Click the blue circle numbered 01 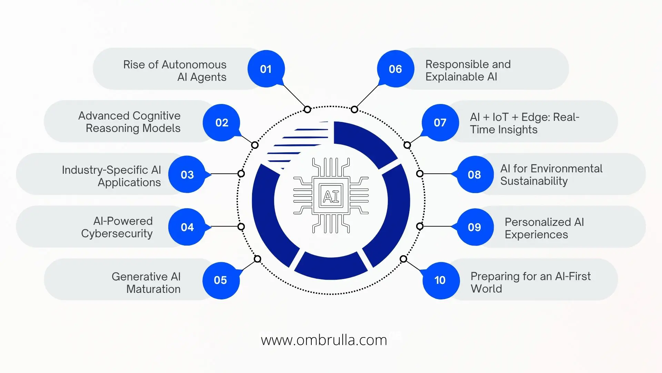point(266,69)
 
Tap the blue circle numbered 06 point(395,69)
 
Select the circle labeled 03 point(187,174)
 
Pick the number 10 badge point(440,280)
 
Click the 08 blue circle point(474,174)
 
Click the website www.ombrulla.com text point(324,340)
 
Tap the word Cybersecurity point(117,233)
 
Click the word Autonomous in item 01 point(194,65)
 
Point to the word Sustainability point(534,181)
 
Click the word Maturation point(153,289)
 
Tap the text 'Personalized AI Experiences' point(544,228)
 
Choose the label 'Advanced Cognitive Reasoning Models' point(130,122)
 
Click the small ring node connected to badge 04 point(241,227)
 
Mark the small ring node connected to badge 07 point(407,145)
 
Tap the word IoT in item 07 point(500,117)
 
